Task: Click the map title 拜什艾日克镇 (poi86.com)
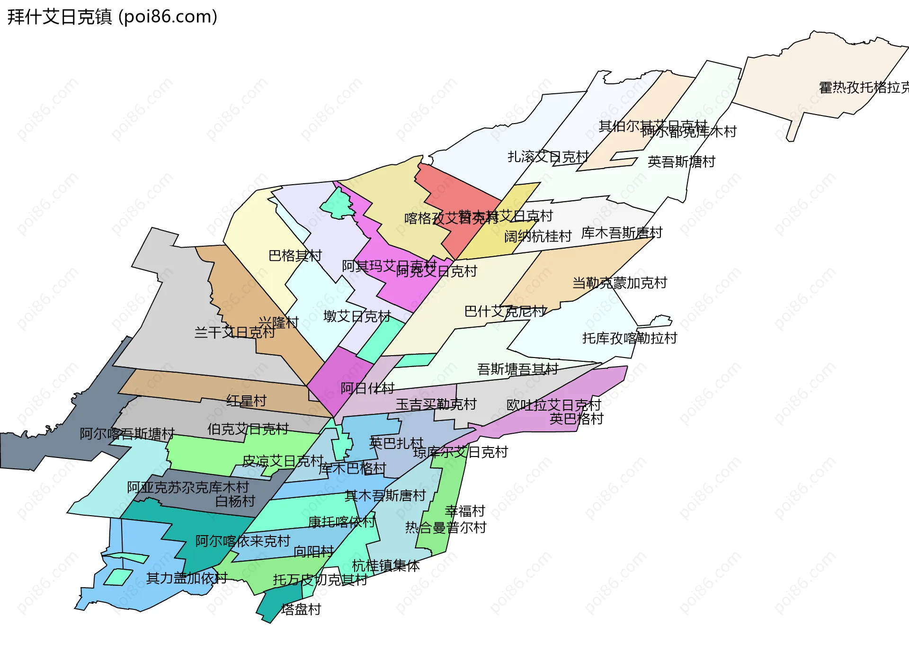click(x=112, y=17)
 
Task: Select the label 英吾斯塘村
click(x=681, y=162)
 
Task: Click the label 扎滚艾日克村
click(x=548, y=157)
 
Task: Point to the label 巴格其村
click(x=295, y=256)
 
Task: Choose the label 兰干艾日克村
click(x=234, y=332)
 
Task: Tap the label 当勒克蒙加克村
click(x=620, y=283)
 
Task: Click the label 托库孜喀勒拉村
click(x=630, y=338)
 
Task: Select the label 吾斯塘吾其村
click(x=517, y=369)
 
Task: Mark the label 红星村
click(x=246, y=401)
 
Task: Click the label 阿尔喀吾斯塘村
click(x=127, y=434)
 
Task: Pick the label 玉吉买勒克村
click(x=436, y=404)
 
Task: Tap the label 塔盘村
click(x=301, y=609)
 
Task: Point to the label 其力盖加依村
click(x=187, y=578)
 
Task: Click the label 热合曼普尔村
click(x=446, y=528)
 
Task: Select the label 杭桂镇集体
click(x=385, y=566)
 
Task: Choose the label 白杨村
click(x=235, y=501)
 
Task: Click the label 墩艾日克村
click(x=357, y=316)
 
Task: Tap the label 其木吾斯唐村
click(x=385, y=496)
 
